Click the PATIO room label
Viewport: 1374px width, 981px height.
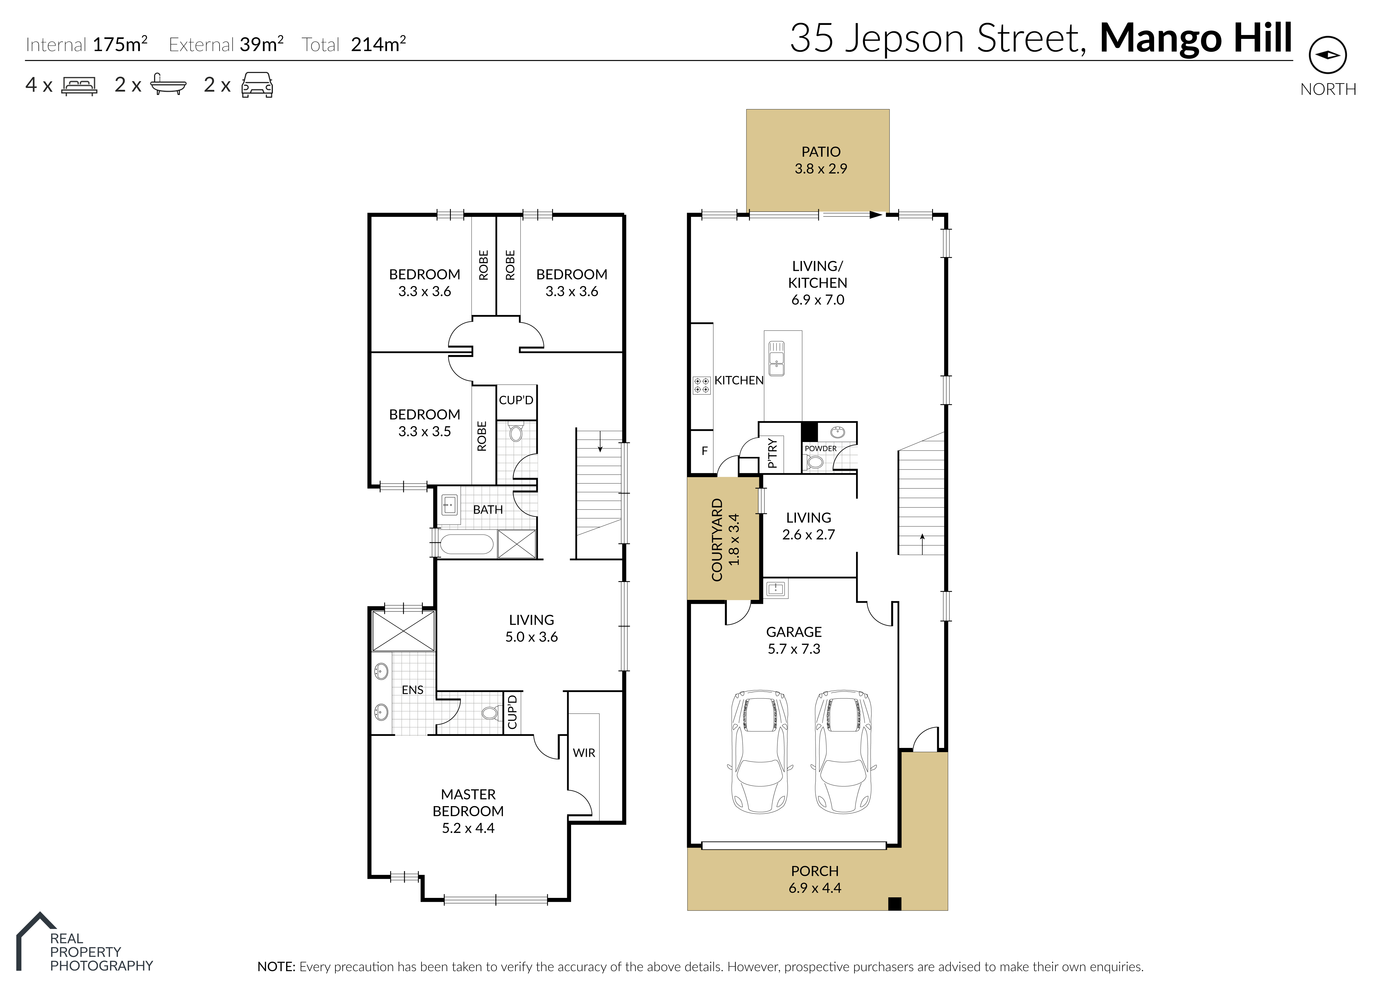click(x=821, y=152)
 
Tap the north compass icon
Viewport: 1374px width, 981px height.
click(x=1328, y=55)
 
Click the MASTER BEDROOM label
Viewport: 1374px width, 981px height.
click(x=468, y=803)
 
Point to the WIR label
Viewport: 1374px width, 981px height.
click(x=584, y=753)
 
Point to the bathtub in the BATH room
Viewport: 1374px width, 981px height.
click(x=467, y=544)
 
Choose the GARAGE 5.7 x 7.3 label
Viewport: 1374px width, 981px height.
click(x=794, y=640)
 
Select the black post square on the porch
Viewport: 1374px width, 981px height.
click(x=895, y=904)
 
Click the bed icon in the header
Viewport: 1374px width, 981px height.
click(x=79, y=86)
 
